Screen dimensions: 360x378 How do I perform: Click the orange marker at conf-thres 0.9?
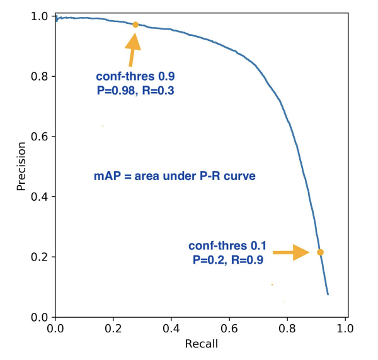135,25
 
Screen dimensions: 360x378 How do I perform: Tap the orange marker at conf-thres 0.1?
320,252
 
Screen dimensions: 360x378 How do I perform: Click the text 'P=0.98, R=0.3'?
134,90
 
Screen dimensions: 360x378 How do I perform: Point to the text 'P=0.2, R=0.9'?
227,259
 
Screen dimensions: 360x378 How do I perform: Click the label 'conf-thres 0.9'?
135,76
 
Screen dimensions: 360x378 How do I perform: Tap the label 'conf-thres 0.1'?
227,245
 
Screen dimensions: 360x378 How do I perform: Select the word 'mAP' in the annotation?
106,176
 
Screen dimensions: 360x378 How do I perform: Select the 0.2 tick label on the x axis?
113,329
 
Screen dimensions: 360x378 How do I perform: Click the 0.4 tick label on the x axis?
171,329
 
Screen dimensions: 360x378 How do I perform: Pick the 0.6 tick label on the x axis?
229,329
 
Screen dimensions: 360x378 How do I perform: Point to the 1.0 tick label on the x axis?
345,329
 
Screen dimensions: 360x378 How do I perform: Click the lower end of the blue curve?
328,294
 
